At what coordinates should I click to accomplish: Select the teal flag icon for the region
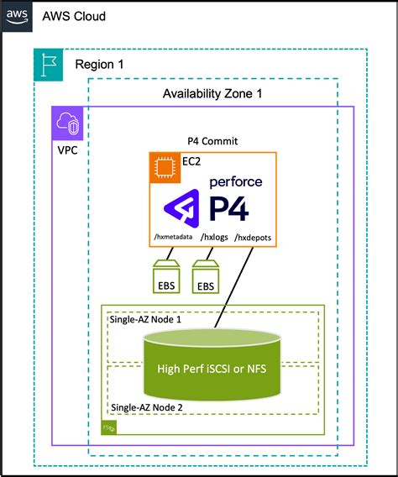tap(49, 65)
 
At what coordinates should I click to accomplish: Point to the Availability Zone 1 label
tap(212, 93)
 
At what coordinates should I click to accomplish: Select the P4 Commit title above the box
tap(213, 140)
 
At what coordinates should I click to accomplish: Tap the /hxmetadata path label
tap(173, 238)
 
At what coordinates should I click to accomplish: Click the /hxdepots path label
tap(254, 238)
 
